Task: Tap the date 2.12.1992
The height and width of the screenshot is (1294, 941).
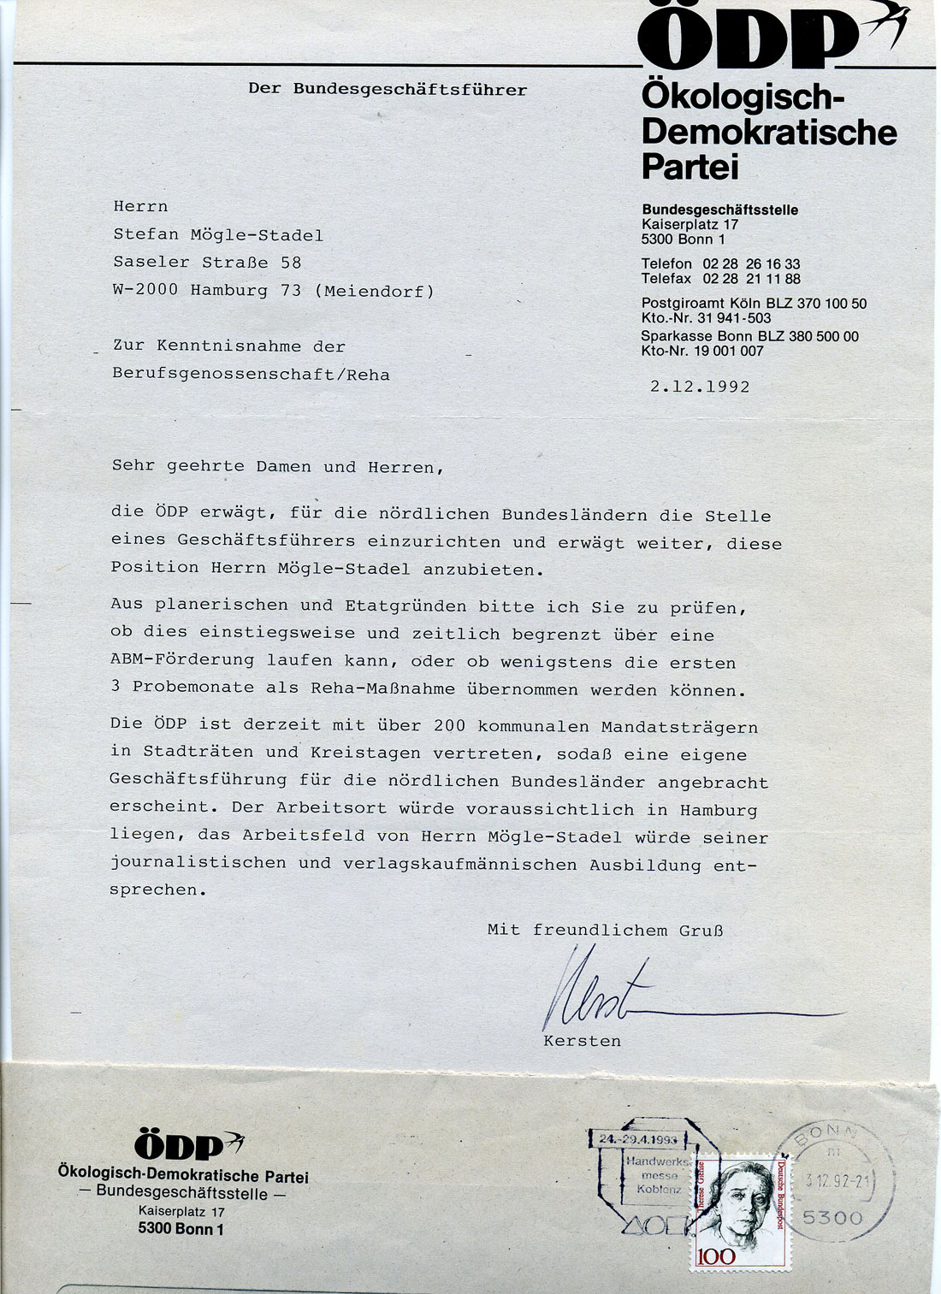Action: (x=700, y=387)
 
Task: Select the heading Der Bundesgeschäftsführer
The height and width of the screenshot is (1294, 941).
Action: (x=388, y=89)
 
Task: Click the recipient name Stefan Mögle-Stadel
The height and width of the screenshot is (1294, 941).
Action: (x=218, y=235)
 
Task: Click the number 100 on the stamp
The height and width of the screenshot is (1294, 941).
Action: (x=716, y=1256)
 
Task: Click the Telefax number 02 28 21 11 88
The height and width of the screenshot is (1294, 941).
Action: (x=751, y=279)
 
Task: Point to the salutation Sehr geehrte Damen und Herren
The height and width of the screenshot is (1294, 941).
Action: (x=278, y=467)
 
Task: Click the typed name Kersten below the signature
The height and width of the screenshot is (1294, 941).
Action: (x=582, y=1041)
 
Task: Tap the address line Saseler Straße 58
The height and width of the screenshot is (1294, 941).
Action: (x=207, y=263)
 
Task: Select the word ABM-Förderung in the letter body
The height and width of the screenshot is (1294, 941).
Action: (x=182, y=660)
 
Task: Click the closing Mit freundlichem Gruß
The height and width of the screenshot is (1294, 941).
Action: (x=605, y=930)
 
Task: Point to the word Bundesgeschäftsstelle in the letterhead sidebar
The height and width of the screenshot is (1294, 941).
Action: (x=719, y=210)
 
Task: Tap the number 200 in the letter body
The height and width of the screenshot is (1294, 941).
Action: (x=449, y=726)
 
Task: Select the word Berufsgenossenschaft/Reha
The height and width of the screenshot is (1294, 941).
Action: (x=251, y=374)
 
